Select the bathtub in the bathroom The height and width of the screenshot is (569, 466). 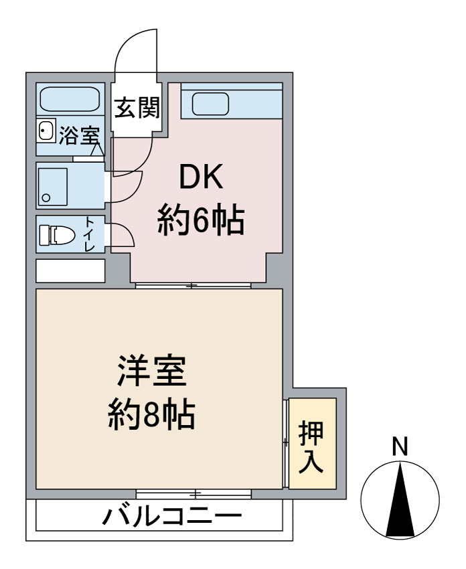click(69, 99)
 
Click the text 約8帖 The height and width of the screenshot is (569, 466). click(151, 416)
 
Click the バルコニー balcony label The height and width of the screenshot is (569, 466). click(171, 517)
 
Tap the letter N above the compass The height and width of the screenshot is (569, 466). click(400, 446)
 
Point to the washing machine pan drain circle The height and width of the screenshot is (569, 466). click(46, 197)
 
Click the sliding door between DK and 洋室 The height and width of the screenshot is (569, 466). click(193, 286)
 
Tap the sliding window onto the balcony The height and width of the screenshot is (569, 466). click(193, 494)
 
